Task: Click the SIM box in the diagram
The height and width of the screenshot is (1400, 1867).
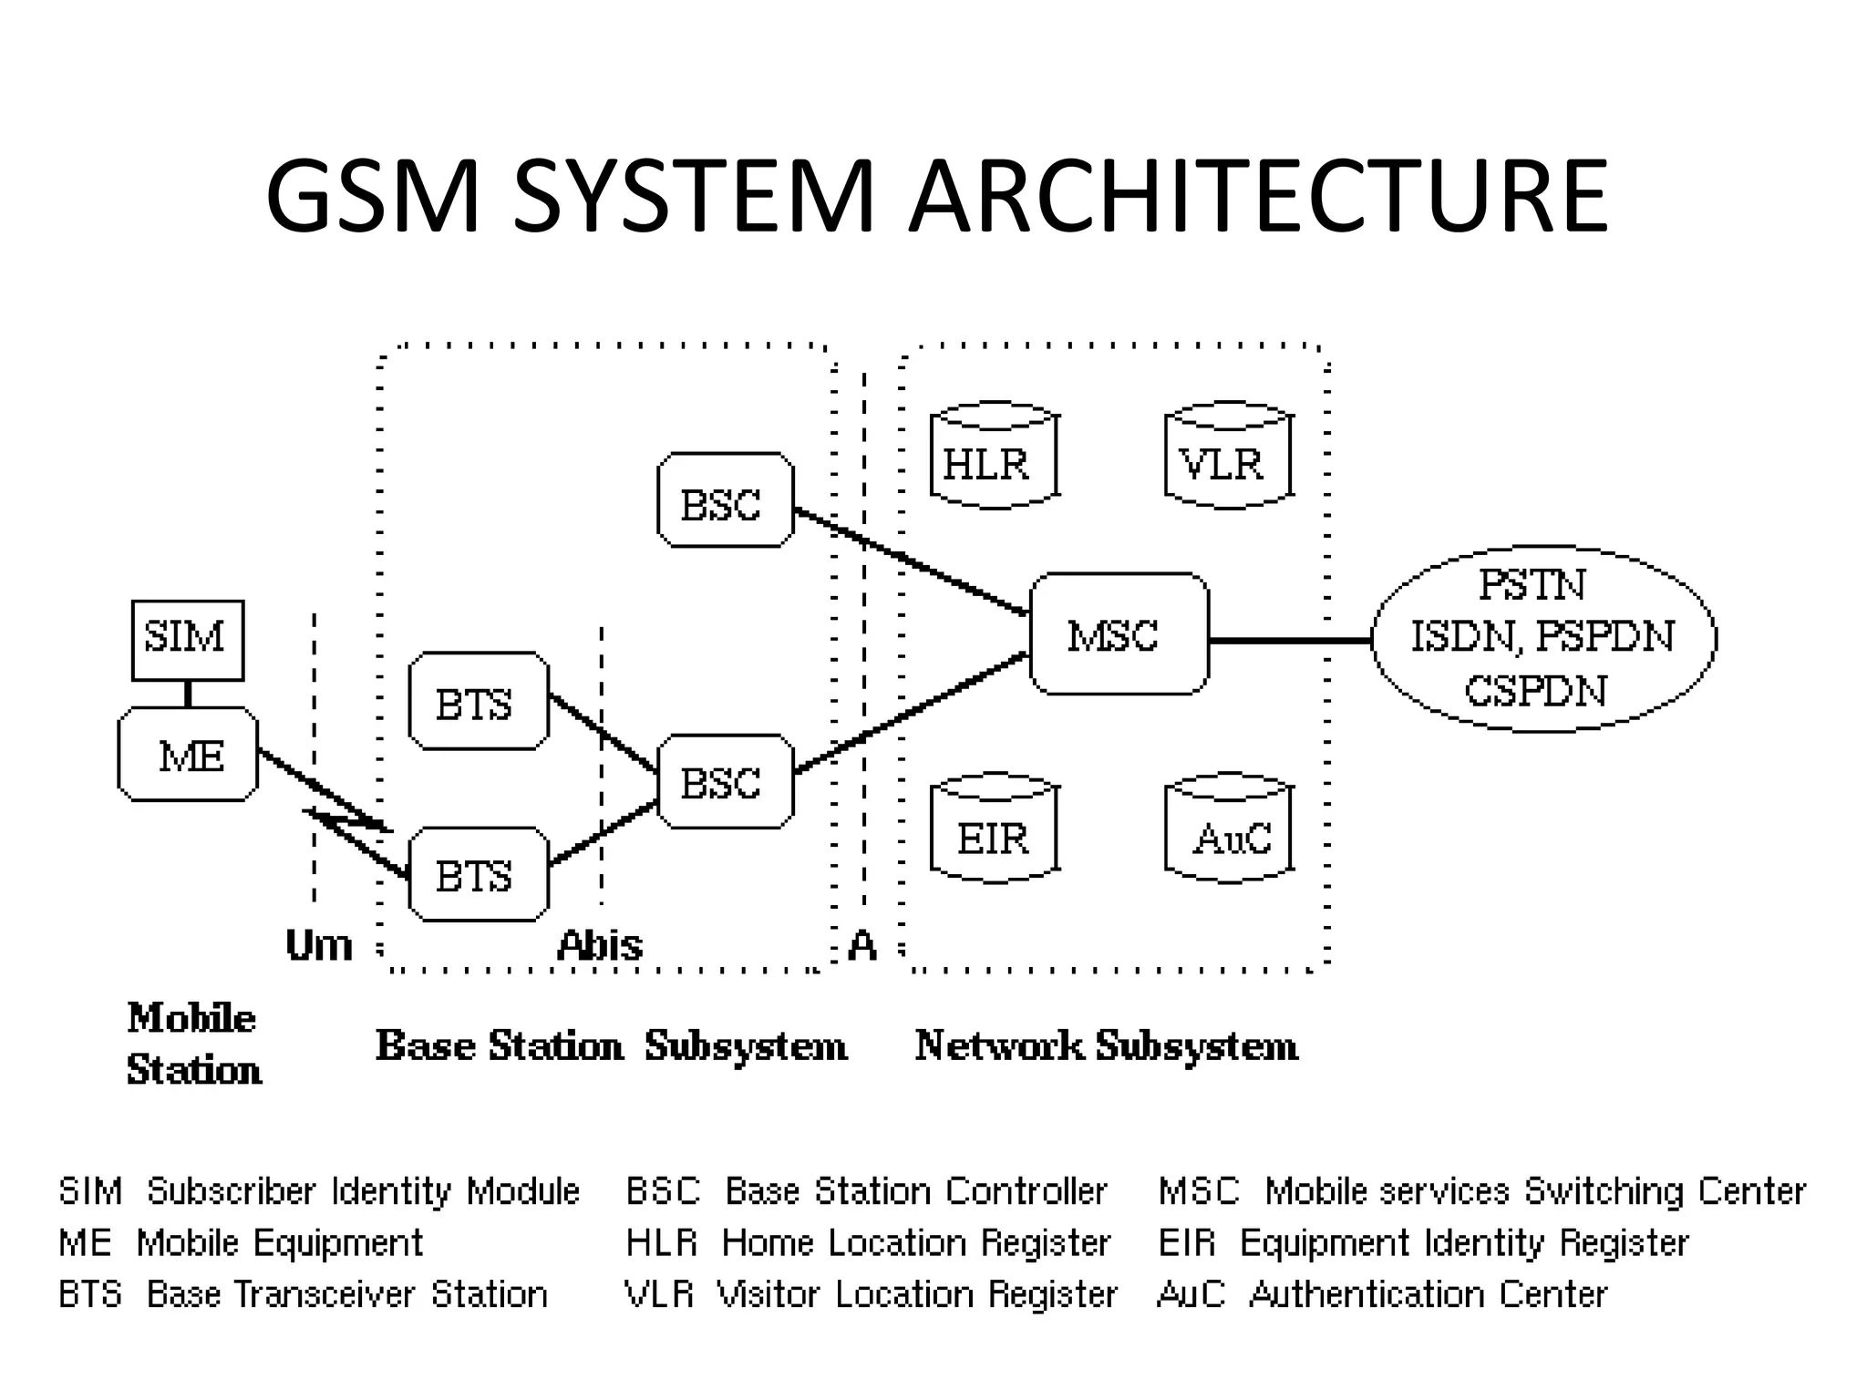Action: point(187,640)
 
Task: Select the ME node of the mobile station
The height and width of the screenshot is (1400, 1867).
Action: point(188,755)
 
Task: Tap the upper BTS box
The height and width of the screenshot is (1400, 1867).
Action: point(478,702)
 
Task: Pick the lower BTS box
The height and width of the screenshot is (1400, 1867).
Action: point(478,875)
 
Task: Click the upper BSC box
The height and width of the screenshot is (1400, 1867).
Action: point(725,500)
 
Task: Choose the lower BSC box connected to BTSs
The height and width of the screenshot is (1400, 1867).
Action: point(725,782)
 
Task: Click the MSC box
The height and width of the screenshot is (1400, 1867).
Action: point(1119,634)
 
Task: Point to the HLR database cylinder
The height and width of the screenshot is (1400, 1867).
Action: point(993,456)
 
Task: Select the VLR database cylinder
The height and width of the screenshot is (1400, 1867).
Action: point(1228,456)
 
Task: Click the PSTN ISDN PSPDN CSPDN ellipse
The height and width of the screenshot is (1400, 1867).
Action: point(1542,638)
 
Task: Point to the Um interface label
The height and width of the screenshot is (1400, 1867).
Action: point(318,945)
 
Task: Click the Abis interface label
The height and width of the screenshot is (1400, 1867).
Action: point(599,945)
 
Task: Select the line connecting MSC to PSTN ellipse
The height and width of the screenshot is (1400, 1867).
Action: point(1290,641)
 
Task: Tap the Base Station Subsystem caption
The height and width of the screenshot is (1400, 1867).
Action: point(611,1045)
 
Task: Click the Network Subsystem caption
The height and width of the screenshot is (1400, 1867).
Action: point(1106,1045)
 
